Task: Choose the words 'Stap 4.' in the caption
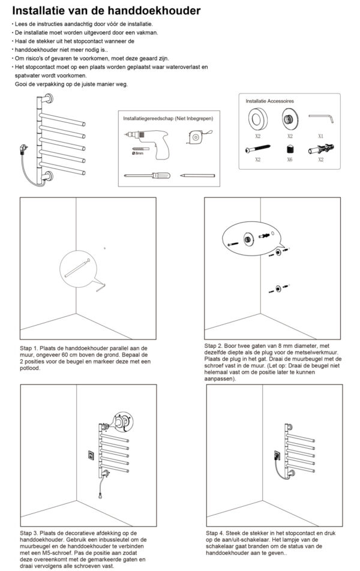pyautogui.click(x=215, y=533)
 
